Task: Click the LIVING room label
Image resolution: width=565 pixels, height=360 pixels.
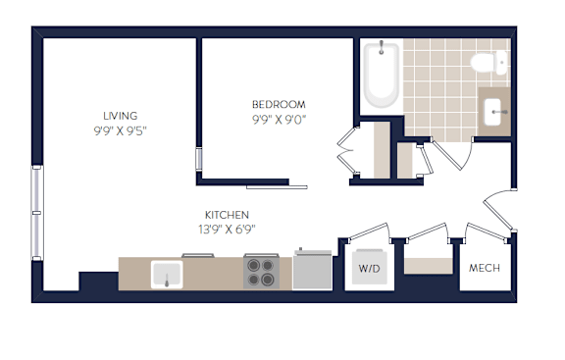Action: (x=121, y=116)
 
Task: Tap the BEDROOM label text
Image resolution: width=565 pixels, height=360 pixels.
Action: (x=279, y=105)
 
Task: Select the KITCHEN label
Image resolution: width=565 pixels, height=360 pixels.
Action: (x=227, y=215)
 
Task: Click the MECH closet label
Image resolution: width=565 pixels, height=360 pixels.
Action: (x=485, y=268)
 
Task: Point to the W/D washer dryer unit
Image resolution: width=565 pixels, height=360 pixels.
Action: (x=370, y=267)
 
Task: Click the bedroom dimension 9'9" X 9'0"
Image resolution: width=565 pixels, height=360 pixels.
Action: (x=279, y=120)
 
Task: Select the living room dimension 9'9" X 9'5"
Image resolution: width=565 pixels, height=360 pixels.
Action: (x=121, y=130)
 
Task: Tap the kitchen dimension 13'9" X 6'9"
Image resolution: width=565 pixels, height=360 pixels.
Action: (x=227, y=230)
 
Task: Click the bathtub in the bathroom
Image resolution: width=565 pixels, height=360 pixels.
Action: (x=382, y=75)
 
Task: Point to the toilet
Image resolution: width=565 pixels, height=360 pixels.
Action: (x=488, y=63)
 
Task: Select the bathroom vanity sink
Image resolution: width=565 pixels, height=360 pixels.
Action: (x=493, y=112)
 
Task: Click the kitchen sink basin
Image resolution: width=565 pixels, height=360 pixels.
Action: (x=167, y=275)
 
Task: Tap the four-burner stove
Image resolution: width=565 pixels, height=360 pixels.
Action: (x=261, y=272)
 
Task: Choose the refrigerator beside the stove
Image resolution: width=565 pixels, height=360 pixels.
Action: (x=312, y=271)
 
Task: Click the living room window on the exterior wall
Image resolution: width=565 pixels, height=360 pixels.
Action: (x=36, y=213)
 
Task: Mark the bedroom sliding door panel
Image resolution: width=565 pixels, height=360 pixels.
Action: (x=277, y=187)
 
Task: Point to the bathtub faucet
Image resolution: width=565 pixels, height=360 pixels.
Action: (x=382, y=47)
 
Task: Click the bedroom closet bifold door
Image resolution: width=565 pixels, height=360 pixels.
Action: (x=347, y=150)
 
